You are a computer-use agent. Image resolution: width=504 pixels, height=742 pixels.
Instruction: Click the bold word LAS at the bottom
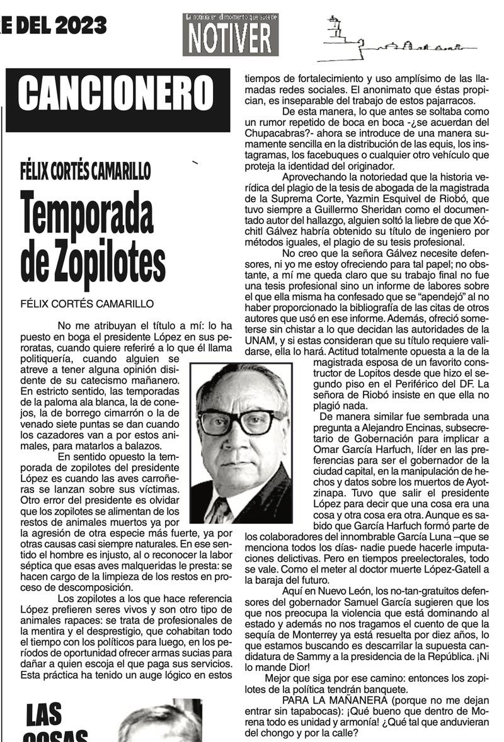[x=45, y=715]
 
